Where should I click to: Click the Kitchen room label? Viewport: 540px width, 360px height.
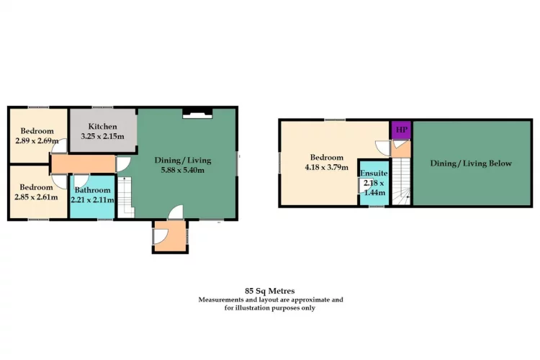[x=102, y=127]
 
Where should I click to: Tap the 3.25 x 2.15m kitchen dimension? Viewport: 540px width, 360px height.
[x=102, y=136]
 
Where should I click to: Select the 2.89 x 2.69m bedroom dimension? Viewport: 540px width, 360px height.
[x=37, y=140]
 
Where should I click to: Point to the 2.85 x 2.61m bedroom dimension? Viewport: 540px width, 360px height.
[x=36, y=197]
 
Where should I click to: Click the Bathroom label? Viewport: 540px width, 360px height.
[x=93, y=190]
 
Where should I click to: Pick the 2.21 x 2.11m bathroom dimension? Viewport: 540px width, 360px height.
[x=92, y=200]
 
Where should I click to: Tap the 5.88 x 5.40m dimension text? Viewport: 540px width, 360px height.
[x=183, y=170]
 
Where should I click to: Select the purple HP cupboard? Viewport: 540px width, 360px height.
[x=401, y=130]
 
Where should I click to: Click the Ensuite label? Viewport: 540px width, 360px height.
[x=374, y=173]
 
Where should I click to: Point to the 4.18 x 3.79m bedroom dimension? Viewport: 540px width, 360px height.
[x=326, y=168]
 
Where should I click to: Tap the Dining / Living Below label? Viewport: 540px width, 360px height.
[x=471, y=163]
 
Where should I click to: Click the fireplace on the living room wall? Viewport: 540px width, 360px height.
[x=197, y=114]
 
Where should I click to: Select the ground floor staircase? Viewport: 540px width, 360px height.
[x=126, y=197]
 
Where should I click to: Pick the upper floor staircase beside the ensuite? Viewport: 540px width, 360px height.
[x=402, y=181]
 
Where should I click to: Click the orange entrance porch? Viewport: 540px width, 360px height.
[x=170, y=236]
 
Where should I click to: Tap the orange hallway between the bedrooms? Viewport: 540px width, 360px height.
[x=83, y=163]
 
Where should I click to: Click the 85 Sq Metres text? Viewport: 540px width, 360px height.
[x=270, y=291]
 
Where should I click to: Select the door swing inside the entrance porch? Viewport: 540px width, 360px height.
[x=161, y=236]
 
